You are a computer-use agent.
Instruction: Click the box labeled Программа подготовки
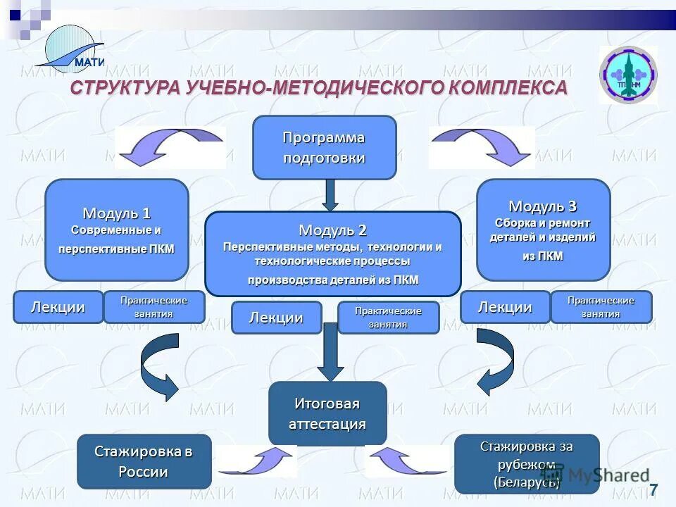pos(324,147)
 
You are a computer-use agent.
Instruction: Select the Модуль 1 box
pos(117,230)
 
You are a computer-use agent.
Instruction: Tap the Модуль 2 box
pos(332,254)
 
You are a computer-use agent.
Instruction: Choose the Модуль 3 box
pos(543,230)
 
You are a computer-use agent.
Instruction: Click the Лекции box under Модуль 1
pos(58,307)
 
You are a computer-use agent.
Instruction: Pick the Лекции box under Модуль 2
pos(276,318)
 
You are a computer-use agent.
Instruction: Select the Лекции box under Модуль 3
pos(505,307)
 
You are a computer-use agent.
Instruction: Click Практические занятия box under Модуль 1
pos(154,307)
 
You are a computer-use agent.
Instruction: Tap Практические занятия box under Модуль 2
pos(389,318)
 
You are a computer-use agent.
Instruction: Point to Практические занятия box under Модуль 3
pos(601,307)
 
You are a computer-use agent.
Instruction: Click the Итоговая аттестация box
pos(327,413)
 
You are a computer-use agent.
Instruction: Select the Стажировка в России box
pos(144,461)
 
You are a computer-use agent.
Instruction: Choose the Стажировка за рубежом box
pos(526,463)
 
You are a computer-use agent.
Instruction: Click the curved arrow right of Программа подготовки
pos(482,146)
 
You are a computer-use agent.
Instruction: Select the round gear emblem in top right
pos(627,75)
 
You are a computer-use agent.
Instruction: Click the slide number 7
pos(653,490)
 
